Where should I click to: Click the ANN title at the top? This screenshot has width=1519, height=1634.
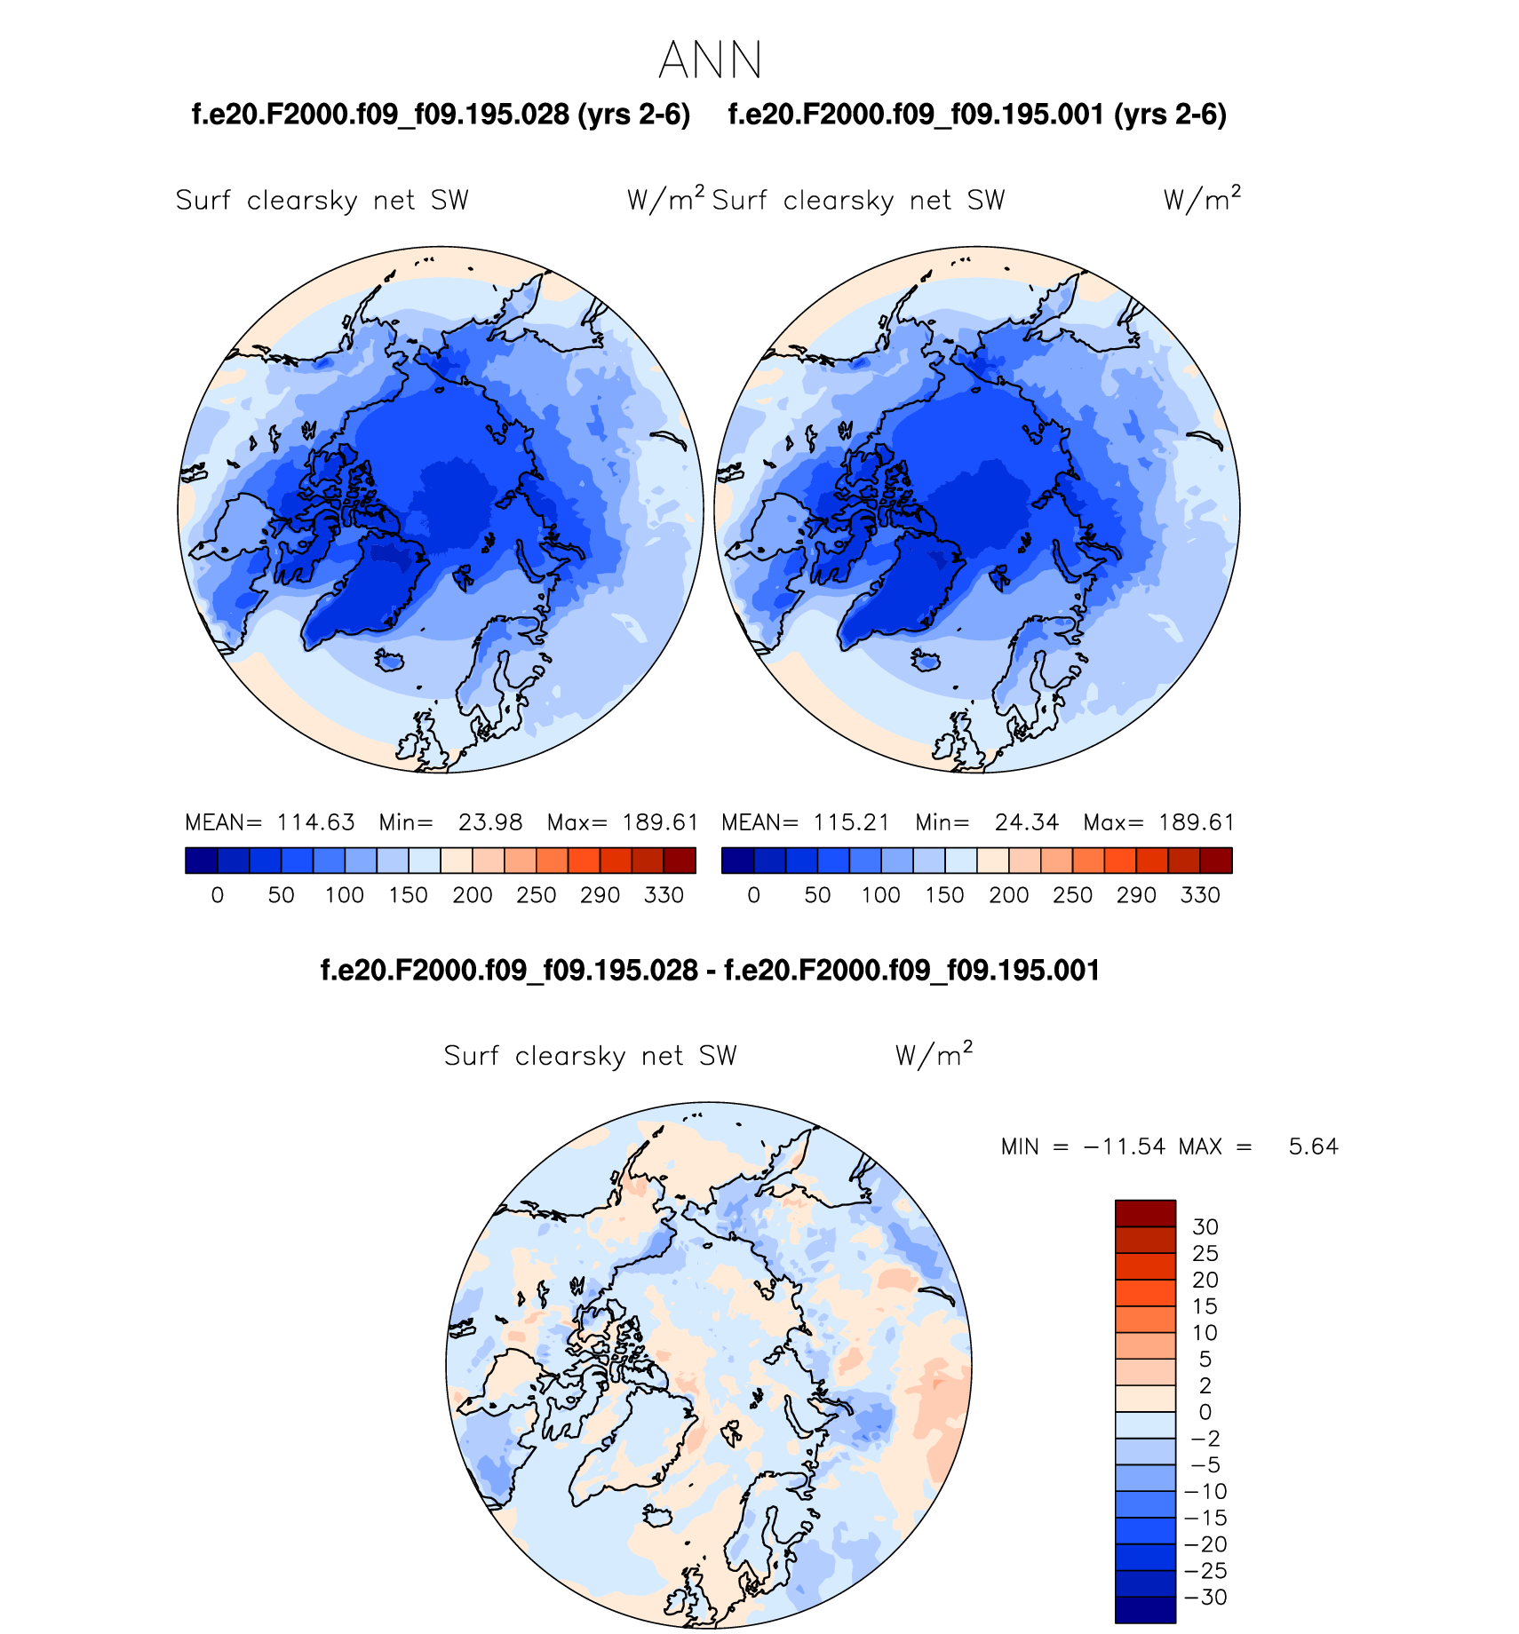[711, 60]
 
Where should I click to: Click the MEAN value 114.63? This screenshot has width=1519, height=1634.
[315, 822]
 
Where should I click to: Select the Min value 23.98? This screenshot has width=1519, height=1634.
[490, 822]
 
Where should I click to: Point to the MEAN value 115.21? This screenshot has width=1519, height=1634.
[851, 822]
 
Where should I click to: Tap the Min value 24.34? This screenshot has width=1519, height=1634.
[1027, 822]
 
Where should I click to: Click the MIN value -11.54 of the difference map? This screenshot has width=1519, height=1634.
[1125, 1146]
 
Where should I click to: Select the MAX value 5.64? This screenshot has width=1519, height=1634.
[1313, 1146]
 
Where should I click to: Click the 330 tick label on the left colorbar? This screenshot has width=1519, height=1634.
[664, 895]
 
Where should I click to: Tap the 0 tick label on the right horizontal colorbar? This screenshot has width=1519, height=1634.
[753, 895]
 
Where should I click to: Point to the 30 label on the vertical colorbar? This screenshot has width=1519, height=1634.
[1205, 1227]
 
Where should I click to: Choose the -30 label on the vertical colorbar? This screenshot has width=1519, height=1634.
[1205, 1597]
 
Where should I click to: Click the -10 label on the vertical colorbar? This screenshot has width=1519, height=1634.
[1205, 1492]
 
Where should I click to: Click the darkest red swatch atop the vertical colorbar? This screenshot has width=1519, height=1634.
[1145, 1213]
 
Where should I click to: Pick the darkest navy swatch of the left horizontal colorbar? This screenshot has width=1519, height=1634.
[202, 861]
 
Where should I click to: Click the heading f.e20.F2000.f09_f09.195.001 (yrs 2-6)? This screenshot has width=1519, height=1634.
[977, 115]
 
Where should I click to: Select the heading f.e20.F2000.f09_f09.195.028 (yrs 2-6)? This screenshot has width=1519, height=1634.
[441, 115]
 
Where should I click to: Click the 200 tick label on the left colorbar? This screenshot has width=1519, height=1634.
[472, 895]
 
